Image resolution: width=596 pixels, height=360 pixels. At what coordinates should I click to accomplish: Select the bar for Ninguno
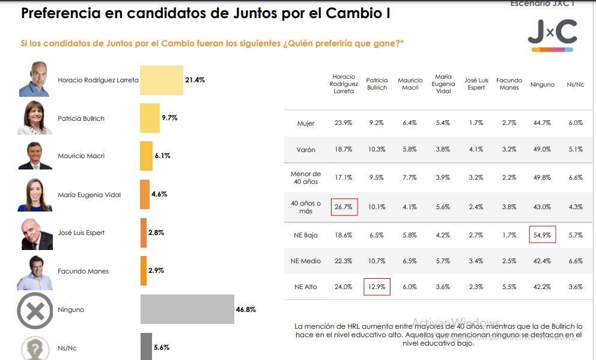coord(187,310)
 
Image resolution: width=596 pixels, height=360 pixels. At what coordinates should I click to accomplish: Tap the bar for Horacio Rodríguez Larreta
coord(161,80)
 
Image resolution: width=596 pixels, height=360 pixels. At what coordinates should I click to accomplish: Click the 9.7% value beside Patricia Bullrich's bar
coord(169,118)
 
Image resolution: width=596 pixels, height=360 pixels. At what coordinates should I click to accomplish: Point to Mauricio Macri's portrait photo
coord(34,156)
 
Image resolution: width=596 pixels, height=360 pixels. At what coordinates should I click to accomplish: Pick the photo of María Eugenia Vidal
coord(34,195)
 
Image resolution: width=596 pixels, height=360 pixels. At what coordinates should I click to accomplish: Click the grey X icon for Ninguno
coord(35,310)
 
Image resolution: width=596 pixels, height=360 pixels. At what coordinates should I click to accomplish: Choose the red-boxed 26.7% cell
coord(343,207)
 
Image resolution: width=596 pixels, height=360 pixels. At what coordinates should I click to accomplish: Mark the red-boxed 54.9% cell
coord(543,234)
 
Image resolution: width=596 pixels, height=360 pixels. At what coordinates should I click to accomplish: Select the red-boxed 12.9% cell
coord(377,287)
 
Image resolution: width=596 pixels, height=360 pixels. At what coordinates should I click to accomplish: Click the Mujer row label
coord(306,123)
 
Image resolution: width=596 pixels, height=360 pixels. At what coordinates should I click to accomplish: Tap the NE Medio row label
coord(306,261)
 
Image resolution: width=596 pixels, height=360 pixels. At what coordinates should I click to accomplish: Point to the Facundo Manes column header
coord(509,84)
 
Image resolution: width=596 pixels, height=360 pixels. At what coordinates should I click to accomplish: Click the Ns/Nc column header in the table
coord(576,85)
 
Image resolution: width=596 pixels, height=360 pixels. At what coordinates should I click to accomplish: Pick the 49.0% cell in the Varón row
coord(543,150)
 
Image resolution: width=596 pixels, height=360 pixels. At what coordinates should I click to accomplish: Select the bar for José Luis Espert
coord(143,233)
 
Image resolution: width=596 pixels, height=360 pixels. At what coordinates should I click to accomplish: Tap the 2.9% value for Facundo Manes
coord(156,271)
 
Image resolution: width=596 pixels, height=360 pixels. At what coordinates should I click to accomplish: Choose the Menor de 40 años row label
coord(306,178)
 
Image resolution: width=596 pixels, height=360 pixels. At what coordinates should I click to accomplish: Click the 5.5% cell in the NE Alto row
coord(509,287)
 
